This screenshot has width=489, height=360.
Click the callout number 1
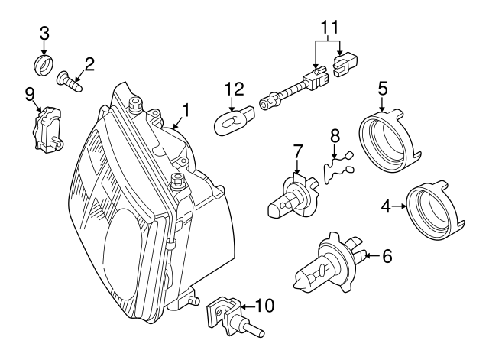pyautogui.click(x=185, y=111)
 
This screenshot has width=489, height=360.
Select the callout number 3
pyautogui.click(x=44, y=34)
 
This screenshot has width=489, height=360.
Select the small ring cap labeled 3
pyautogui.click(x=47, y=64)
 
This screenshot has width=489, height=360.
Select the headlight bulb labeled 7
pyautogui.click(x=293, y=199)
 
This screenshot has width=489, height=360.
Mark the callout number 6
pyautogui.click(x=387, y=257)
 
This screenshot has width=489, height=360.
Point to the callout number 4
pyautogui.click(x=387, y=206)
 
